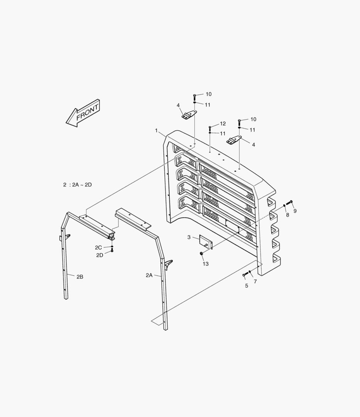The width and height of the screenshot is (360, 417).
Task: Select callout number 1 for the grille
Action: [157, 131]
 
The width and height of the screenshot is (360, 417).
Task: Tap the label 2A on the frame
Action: [149, 275]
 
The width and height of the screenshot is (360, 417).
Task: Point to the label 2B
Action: [80, 276]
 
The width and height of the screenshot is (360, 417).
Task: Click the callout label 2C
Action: [99, 247]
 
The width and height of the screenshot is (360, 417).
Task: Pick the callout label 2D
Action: [100, 255]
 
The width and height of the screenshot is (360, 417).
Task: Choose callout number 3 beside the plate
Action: [189, 237]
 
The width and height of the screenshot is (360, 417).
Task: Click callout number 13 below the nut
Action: [206, 264]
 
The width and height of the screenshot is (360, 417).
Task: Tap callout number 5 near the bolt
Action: [246, 286]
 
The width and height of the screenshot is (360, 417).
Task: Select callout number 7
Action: [255, 281]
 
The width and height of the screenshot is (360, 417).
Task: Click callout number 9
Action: [295, 211]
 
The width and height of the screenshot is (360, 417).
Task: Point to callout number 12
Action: [223, 124]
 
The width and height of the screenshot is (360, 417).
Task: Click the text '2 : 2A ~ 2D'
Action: [78, 185]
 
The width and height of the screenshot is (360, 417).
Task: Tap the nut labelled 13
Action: [202, 253]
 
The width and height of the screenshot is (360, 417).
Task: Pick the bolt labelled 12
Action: [210, 127]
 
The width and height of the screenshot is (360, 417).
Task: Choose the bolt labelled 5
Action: [244, 275]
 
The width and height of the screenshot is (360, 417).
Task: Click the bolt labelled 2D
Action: [112, 251]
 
